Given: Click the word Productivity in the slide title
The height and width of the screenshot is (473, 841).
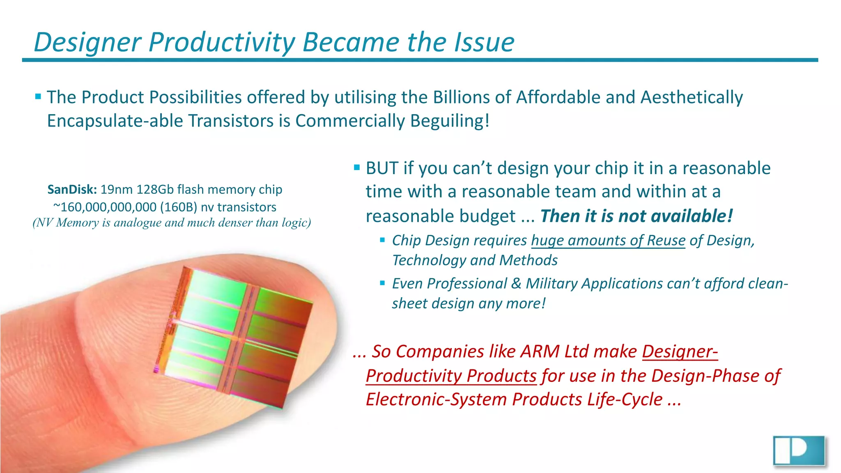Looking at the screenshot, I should click(222, 42).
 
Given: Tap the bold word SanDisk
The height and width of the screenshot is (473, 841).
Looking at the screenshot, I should click(72, 189).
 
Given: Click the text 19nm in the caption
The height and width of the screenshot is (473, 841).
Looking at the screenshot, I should click(117, 189).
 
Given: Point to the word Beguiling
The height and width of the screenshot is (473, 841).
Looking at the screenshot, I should click(449, 121).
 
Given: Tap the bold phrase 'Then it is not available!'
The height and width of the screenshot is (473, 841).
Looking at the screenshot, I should click(636, 216).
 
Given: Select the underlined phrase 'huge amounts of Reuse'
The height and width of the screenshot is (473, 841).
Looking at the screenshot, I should click(608, 240).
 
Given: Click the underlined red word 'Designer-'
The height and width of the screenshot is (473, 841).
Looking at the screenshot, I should click(680, 351).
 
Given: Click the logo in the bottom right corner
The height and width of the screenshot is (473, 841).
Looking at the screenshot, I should click(799, 450).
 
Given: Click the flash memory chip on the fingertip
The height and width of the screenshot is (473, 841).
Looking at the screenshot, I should click(234, 337).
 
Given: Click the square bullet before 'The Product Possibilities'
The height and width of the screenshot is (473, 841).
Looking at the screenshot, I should click(38, 97).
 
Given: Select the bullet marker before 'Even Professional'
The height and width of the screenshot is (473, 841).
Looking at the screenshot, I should click(382, 283).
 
